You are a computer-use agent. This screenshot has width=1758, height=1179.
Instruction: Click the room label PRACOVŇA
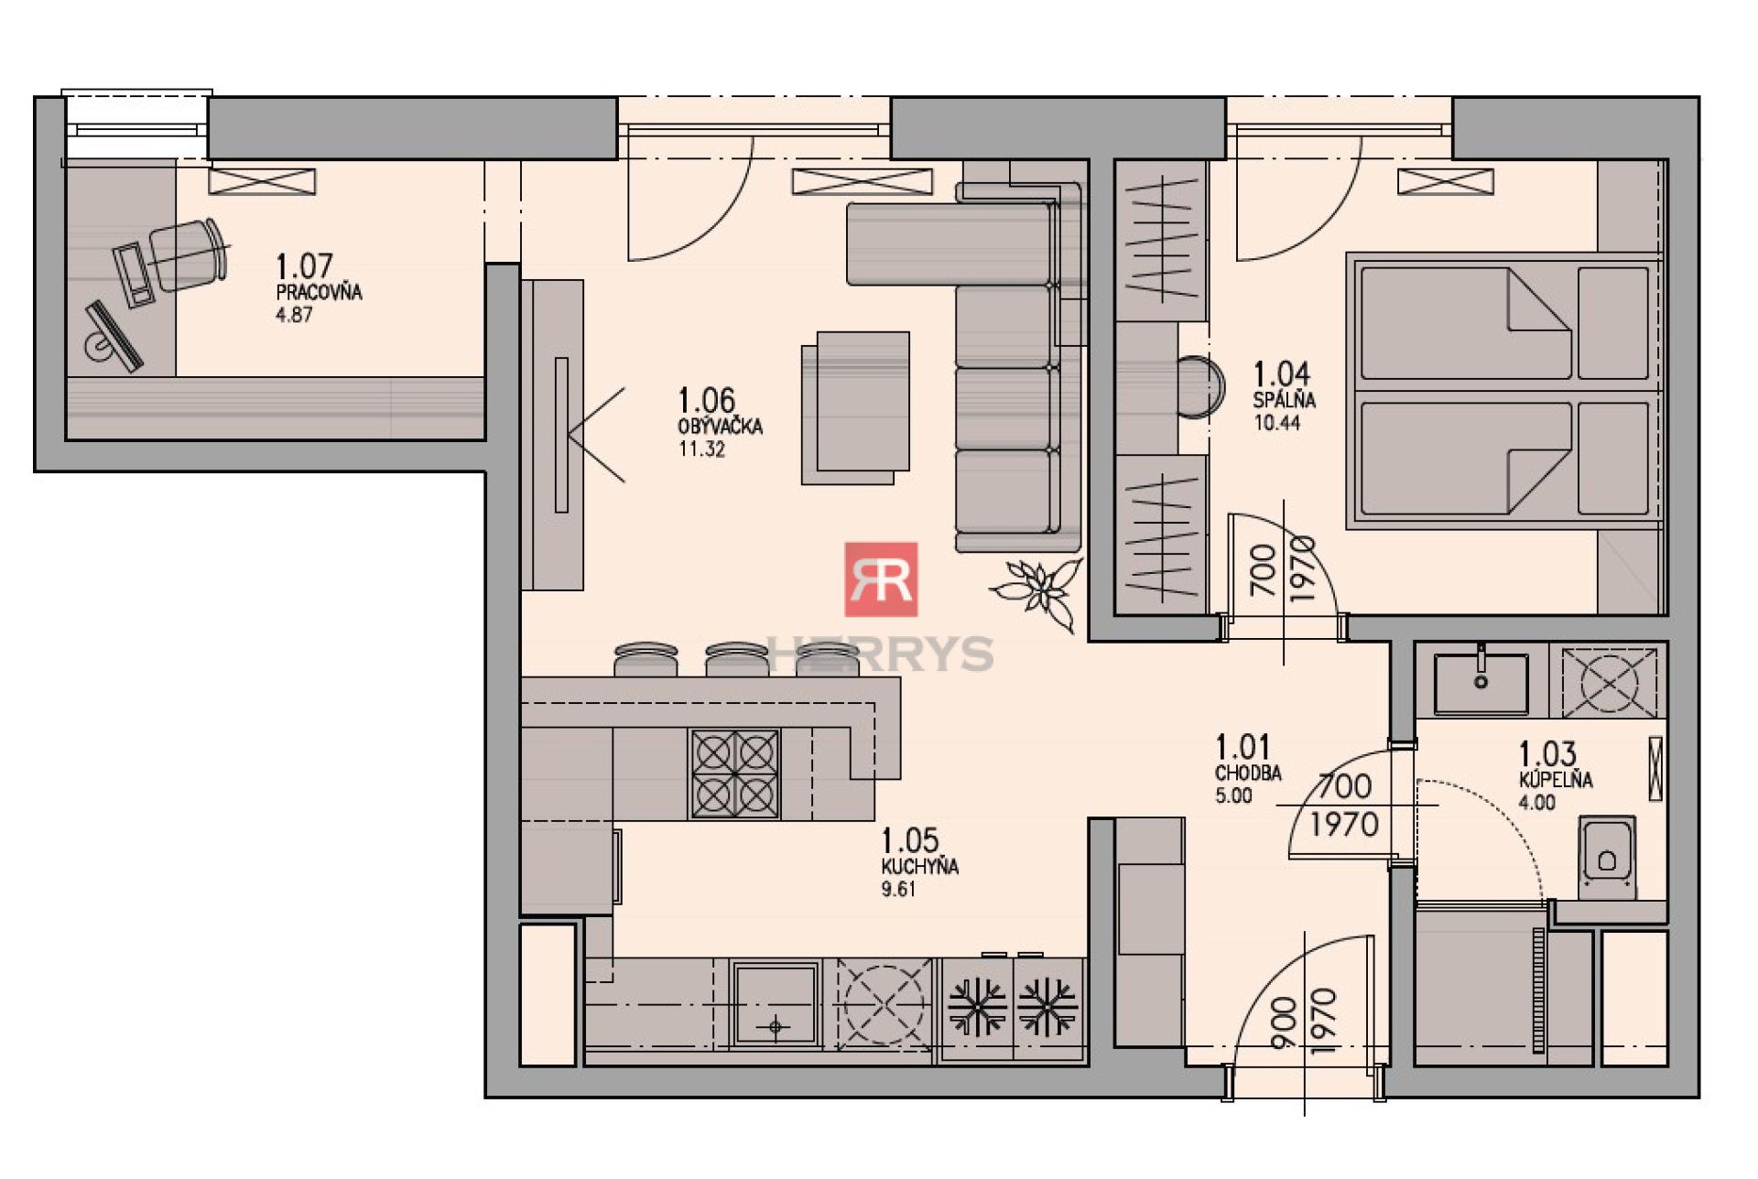pyautogui.click(x=319, y=293)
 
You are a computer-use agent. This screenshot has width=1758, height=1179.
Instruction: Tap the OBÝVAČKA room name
pyautogui.click(x=720, y=427)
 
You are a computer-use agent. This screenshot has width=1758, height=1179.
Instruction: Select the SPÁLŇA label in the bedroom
pyautogui.click(x=1285, y=400)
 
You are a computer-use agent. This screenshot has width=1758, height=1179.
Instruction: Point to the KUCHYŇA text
pyautogui.click(x=919, y=866)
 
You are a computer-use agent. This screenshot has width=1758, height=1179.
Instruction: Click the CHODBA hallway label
pyautogui.click(x=1248, y=773)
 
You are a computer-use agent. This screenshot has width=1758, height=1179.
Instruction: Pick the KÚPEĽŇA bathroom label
pyautogui.click(x=1556, y=780)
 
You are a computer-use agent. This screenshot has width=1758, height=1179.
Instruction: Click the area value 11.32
pyautogui.click(x=701, y=449)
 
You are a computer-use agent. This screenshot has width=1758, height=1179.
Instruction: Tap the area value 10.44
pyautogui.click(x=1276, y=423)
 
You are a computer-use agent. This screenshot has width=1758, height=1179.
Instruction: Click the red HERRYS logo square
pyautogui.click(x=881, y=579)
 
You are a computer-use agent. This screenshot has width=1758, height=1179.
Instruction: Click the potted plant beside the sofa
pyautogui.click(x=1039, y=590)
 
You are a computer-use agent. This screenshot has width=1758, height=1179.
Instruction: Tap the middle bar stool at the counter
pyautogui.click(x=737, y=659)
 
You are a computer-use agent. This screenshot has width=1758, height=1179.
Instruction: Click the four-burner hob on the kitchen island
pyautogui.click(x=734, y=773)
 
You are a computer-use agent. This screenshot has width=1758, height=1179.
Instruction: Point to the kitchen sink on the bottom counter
pyautogui.click(x=775, y=1003)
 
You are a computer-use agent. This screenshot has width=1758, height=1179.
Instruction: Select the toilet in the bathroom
pyautogui.click(x=1606, y=857)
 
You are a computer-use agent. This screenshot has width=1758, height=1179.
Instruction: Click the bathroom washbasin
pyautogui.click(x=1481, y=682)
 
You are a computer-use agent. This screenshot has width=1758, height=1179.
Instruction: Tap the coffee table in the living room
pyautogui.click(x=855, y=408)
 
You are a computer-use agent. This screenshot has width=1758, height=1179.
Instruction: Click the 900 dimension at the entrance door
pyautogui.click(x=1284, y=1022)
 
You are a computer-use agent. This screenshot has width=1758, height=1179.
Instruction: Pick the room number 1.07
pyautogui.click(x=304, y=266)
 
